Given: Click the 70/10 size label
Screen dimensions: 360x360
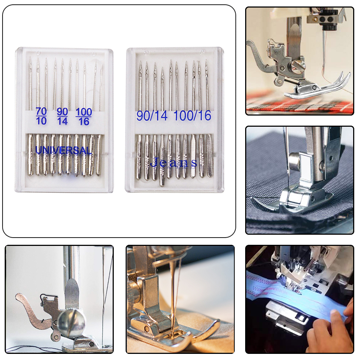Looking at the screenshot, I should point(41,116).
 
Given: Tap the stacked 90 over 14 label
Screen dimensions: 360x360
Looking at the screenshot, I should point(62,116).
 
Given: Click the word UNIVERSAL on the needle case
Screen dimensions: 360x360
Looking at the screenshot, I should point(63,150).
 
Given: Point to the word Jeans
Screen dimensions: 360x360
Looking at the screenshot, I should point(174,163).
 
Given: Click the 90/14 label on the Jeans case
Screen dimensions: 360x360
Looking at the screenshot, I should point(152,116).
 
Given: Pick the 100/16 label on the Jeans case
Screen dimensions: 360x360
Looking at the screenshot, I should point(192,116).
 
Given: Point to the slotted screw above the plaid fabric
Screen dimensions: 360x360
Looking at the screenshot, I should point(298,65).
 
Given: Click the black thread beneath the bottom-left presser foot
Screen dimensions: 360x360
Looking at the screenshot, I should point(32,348).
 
